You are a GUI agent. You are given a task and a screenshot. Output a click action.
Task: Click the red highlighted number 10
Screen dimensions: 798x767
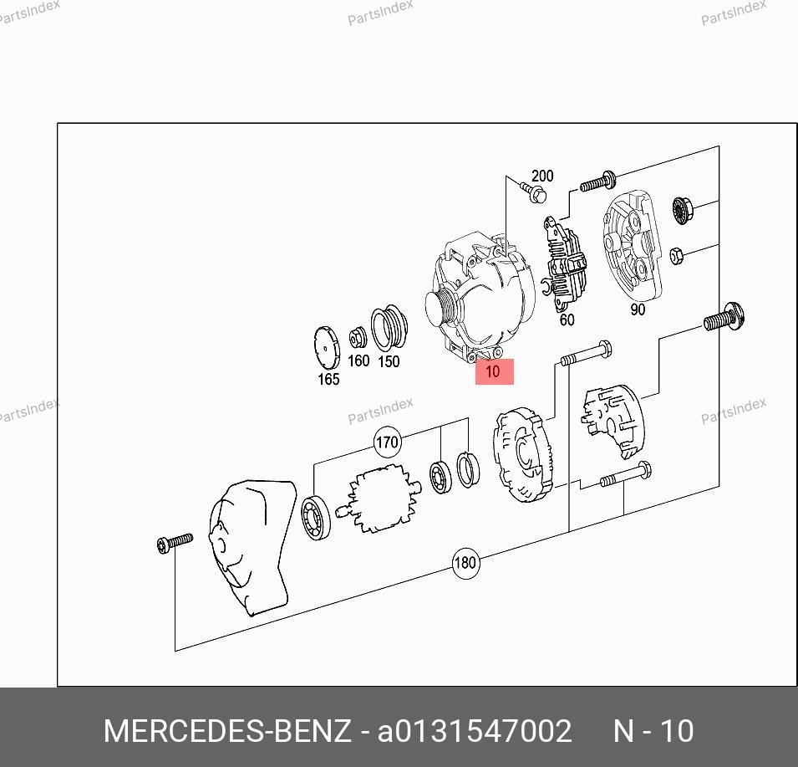click(494, 371)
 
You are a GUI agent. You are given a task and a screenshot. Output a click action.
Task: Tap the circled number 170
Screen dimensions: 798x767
click(387, 442)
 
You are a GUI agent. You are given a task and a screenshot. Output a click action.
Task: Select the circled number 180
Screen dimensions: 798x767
click(465, 563)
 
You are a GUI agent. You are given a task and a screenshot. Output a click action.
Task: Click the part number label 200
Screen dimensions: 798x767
click(542, 176)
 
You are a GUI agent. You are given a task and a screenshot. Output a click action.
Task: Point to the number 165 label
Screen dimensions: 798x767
click(328, 379)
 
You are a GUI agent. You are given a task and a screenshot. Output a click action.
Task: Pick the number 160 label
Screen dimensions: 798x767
click(358, 360)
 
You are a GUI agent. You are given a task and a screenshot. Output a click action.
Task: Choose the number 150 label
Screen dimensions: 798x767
click(389, 361)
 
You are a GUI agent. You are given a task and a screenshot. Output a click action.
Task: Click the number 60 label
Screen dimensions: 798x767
click(567, 320)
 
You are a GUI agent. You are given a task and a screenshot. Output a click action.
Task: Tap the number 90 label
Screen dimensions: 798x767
click(638, 309)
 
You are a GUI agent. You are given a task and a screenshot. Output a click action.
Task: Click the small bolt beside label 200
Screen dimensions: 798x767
click(533, 192)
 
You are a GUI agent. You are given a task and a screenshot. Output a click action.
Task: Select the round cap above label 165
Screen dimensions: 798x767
click(327, 347)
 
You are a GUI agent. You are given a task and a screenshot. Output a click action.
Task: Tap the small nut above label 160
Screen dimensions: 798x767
click(358, 337)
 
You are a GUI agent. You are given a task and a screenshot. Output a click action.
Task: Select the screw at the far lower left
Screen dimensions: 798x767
click(175, 542)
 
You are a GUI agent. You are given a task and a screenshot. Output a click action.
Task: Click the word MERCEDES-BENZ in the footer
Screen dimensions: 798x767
click(227, 731)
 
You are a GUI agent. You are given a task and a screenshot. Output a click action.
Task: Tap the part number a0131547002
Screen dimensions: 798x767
click(475, 731)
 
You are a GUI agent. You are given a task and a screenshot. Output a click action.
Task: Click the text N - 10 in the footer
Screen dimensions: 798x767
click(653, 731)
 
